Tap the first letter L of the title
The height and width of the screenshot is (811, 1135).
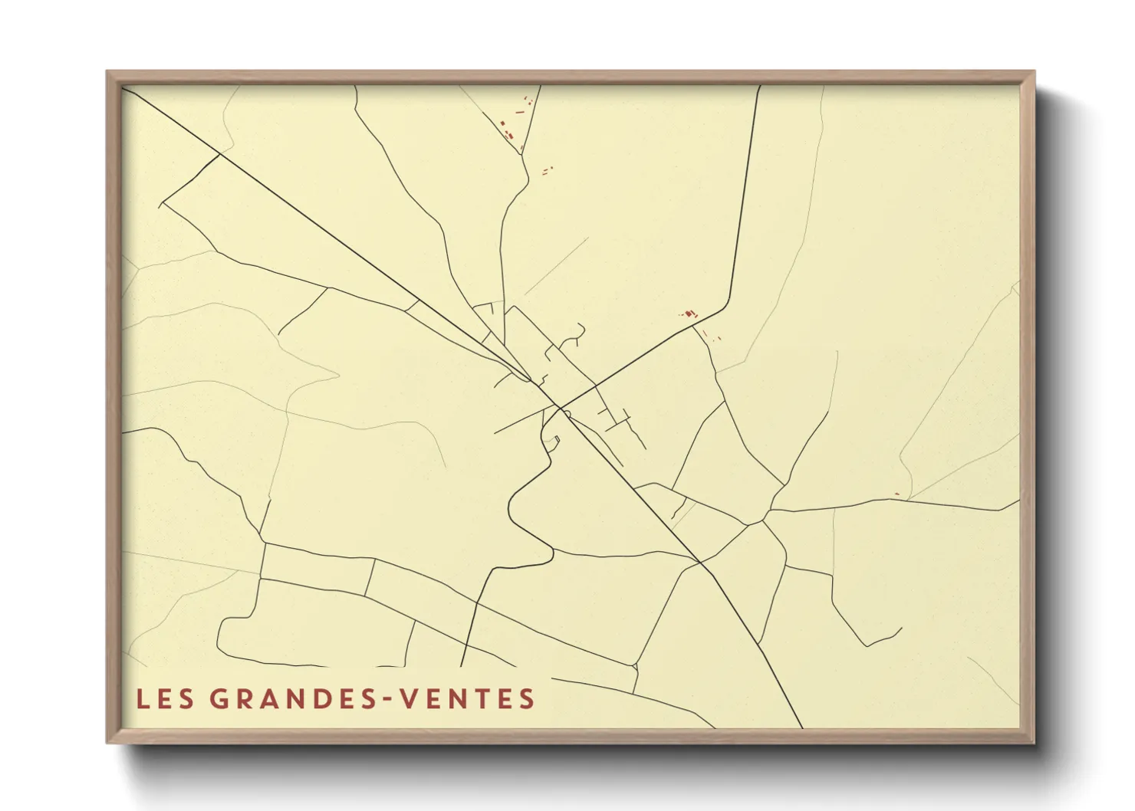(x=143, y=699)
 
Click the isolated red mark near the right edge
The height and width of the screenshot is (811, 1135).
(x=896, y=494)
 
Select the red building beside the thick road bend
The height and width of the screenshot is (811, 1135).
(x=689, y=313)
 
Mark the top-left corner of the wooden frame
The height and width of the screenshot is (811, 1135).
(x=107, y=72)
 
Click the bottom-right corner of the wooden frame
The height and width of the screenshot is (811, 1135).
(x=1034, y=742)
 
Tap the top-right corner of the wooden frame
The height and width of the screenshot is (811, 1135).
(x=1034, y=72)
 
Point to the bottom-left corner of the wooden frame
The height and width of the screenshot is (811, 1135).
(x=107, y=742)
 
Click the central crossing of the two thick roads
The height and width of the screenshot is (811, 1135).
(x=559, y=406)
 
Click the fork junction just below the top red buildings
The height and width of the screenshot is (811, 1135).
(x=522, y=155)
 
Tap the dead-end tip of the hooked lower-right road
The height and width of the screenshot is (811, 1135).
(x=901, y=629)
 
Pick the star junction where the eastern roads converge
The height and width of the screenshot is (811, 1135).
(x=764, y=520)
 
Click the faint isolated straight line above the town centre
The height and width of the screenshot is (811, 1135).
(x=556, y=266)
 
